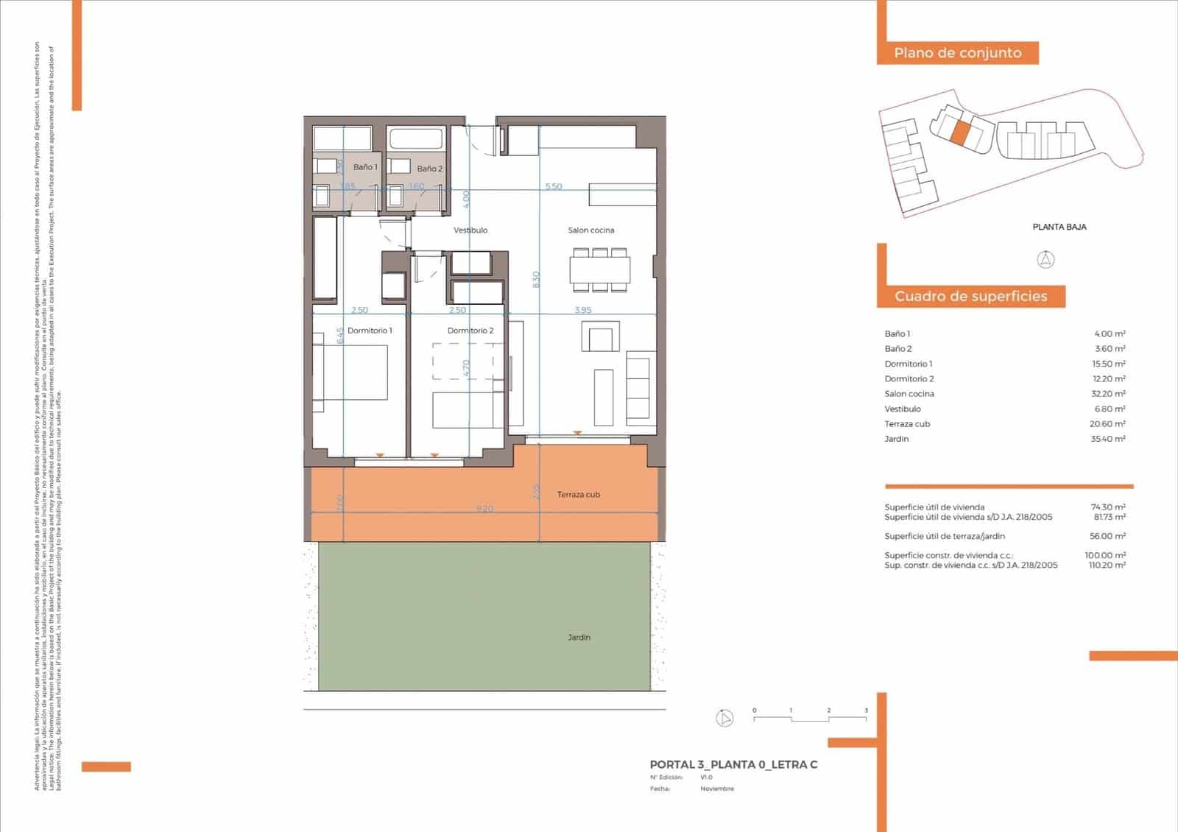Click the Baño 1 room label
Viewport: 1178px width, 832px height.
tap(364, 167)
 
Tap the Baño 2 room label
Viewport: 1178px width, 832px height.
tap(429, 169)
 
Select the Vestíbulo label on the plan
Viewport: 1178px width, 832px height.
tap(470, 230)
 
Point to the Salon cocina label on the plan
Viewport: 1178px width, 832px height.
tap(590, 230)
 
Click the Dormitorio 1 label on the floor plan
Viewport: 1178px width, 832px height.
tap(370, 331)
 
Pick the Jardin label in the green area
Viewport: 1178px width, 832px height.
tap(579, 637)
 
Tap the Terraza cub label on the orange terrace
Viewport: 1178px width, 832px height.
tap(578, 494)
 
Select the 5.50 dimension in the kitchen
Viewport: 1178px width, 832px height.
tap(554, 186)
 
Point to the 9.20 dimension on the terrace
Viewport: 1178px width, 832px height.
tap(484, 509)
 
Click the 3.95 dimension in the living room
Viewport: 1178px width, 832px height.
tap(582, 310)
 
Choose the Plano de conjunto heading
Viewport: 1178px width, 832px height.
tap(957, 53)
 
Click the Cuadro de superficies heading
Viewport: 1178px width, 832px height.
tap(970, 296)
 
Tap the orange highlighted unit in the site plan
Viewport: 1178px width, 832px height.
tap(961, 133)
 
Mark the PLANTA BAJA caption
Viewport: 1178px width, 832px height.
tap(1059, 227)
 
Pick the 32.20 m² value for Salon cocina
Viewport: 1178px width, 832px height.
tap(1107, 394)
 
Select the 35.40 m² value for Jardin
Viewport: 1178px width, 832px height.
tap(1107, 439)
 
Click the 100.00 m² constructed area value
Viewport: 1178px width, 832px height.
tap(1107, 555)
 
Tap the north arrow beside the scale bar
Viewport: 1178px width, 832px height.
tap(724, 718)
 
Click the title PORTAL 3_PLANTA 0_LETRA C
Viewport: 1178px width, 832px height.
tap(733, 764)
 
